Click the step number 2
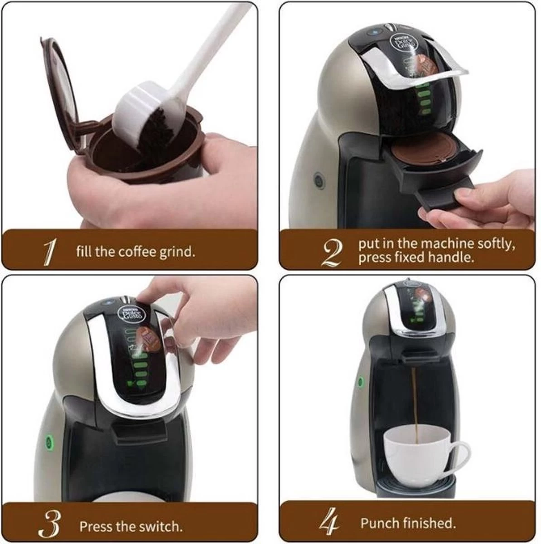332,253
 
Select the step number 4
330,524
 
